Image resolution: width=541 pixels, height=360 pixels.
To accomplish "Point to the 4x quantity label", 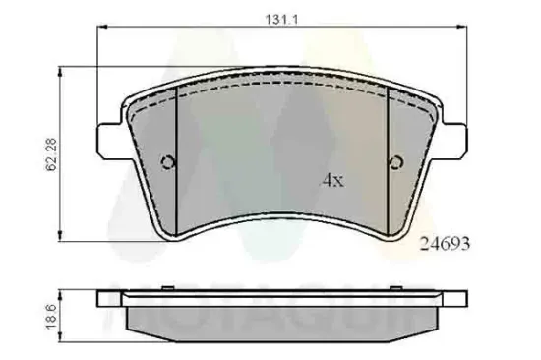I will click(x=331, y=181).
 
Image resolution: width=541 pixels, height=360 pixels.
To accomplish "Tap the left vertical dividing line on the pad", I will click(x=175, y=157).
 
